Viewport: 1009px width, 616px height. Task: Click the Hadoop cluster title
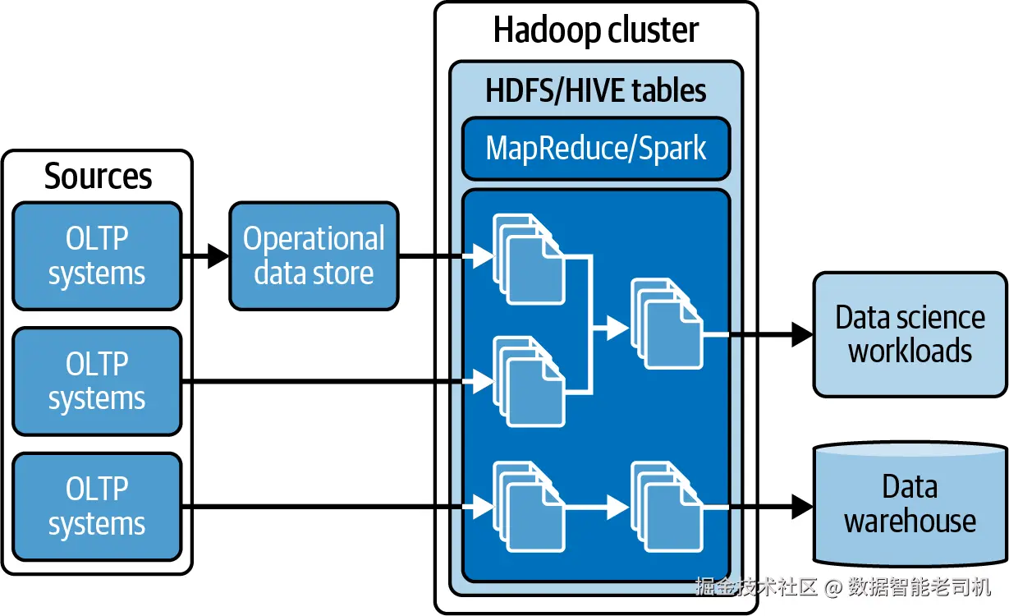[595, 30]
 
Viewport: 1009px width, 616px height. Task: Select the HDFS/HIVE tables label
[595, 90]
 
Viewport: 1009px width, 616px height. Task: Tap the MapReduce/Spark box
[595, 149]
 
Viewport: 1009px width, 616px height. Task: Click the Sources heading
[98, 176]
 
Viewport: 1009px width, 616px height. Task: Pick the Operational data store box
[314, 256]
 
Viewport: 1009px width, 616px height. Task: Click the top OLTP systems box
[97, 256]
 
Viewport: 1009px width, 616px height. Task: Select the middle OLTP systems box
[97, 381]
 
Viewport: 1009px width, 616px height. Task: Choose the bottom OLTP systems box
[97, 507]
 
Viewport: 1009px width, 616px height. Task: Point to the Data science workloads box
[910, 334]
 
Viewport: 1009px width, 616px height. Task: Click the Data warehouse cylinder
[910, 503]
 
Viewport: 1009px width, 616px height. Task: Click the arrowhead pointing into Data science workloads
[801, 334]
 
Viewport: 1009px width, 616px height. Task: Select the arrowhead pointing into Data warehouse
[801, 507]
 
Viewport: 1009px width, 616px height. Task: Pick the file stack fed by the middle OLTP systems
[529, 381]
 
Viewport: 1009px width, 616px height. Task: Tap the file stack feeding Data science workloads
[667, 324]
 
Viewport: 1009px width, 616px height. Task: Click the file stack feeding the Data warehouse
[667, 507]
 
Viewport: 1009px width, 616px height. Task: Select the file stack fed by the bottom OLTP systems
[529, 507]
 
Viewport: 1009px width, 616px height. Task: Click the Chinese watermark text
[842, 586]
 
